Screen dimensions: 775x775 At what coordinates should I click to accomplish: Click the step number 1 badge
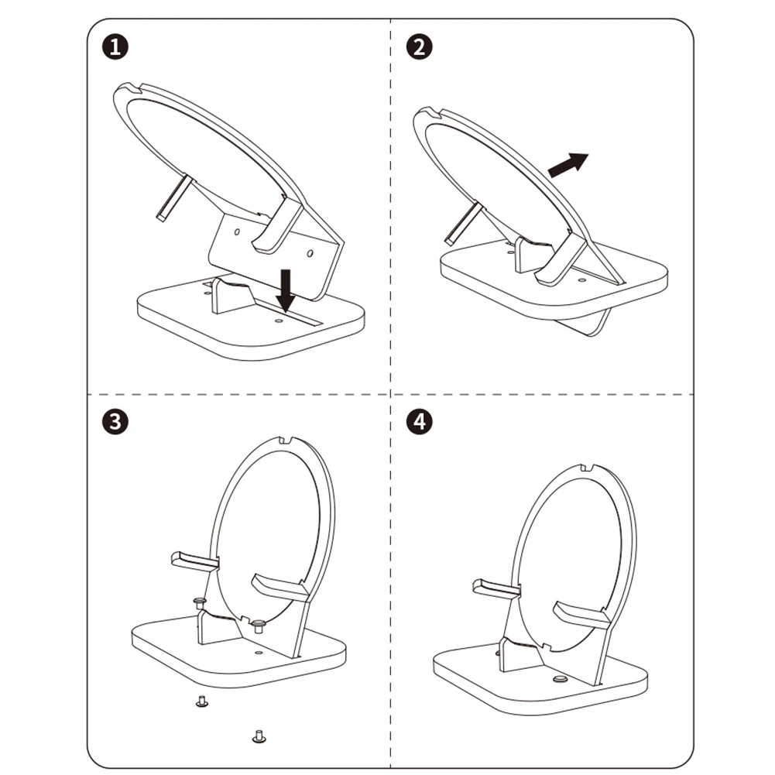[115, 47]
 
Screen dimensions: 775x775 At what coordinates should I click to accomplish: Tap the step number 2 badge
[419, 47]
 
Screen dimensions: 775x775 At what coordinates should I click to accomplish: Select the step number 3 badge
[115, 422]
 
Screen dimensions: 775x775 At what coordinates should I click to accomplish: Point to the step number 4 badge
[419, 422]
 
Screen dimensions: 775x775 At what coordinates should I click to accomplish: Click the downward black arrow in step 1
[285, 290]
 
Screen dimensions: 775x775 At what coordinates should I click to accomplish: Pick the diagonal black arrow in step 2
[568, 165]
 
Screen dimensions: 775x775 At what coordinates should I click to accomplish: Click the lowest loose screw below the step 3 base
[259, 736]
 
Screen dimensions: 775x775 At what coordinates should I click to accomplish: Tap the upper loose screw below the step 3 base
[201, 701]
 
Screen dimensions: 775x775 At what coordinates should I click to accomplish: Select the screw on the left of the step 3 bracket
[199, 603]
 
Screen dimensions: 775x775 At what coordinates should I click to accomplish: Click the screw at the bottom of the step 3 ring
[258, 626]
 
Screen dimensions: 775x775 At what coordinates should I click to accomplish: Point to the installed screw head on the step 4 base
[560, 679]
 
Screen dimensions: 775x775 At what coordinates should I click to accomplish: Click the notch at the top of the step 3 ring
[285, 440]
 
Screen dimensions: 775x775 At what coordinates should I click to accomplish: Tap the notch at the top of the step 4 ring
[587, 467]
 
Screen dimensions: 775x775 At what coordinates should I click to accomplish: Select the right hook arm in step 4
[581, 615]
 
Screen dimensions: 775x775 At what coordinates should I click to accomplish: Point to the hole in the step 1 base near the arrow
[279, 321]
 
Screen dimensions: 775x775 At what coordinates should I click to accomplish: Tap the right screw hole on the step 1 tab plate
[310, 253]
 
